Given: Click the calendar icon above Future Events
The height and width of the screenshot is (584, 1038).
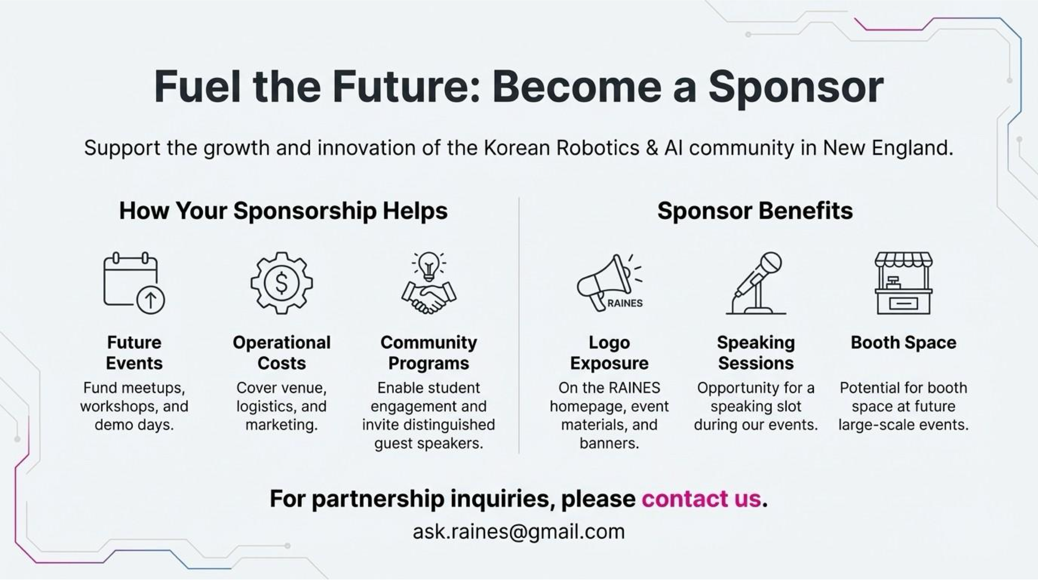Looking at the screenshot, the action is (x=133, y=283).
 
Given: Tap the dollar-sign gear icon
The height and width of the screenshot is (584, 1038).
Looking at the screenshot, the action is (x=282, y=283).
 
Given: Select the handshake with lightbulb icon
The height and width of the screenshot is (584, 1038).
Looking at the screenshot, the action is (x=429, y=283).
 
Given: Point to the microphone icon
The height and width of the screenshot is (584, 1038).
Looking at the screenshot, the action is (x=756, y=283).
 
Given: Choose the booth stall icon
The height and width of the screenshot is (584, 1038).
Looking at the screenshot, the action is (x=903, y=283).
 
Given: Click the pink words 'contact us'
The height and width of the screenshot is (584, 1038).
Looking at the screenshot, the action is (x=702, y=499).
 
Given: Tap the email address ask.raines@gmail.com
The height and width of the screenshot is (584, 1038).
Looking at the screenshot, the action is (x=519, y=532).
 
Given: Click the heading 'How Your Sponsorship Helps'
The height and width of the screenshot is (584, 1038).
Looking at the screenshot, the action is (x=283, y=211).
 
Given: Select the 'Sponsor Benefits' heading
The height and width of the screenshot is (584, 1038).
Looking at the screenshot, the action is (x=755, y=211).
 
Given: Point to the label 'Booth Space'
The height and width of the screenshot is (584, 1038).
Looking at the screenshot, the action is (x=903, y=343).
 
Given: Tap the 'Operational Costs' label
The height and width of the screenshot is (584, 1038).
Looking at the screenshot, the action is (x=282, y=353).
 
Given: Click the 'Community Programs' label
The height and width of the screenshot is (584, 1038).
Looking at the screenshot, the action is (x=429, y=353).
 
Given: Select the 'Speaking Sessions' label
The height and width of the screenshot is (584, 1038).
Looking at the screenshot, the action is (x=756, y=353).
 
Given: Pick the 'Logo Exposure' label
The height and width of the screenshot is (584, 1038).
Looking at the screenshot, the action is (x=609, y=353).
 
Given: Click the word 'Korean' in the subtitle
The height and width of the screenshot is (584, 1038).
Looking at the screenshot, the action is (x=517, y=148).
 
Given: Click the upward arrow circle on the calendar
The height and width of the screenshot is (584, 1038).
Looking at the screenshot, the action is (x=151, y=300).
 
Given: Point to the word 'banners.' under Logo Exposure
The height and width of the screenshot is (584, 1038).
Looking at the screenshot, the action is (x=609, y=443).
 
